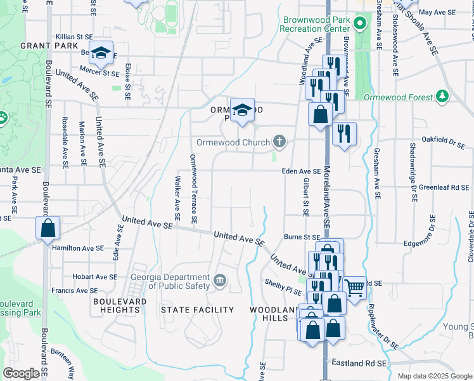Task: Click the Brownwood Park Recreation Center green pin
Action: click(359, 25)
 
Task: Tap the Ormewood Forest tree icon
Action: click(442, 96)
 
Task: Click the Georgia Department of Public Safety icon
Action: click(220, 280)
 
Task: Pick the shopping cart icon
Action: click(355, 287)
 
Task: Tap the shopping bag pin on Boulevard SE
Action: click(48, 229)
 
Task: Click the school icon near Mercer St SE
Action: click(100, 54)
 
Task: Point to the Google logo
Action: click(22, 373)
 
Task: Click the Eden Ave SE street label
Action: click(302, 171)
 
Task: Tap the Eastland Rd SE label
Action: click(359, 363)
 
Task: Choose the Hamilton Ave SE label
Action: click(78, 248)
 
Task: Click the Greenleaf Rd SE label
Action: click(443, 188)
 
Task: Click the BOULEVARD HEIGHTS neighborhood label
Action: click(120, 305)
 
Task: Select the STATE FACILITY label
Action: click(197, 310)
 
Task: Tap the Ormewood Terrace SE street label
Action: click(194, 189)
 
